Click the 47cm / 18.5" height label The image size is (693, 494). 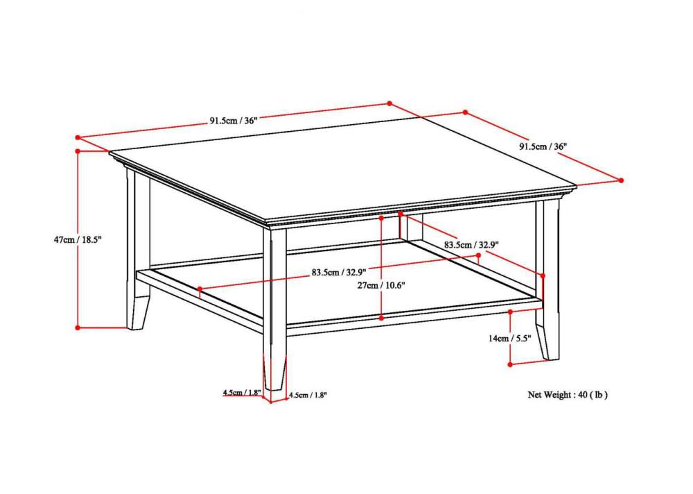(78, 239)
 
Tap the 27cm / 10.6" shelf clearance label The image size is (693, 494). (382, 284)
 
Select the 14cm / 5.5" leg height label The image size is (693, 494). (509, 338)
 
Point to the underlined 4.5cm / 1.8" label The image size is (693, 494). (241, 393)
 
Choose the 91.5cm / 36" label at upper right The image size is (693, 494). (543, 146)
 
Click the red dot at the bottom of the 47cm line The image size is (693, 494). (78, 327)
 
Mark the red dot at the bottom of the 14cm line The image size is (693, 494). (510, 363)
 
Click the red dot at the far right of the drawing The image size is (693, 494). (621, 180)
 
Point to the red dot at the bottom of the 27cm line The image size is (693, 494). (382, 317)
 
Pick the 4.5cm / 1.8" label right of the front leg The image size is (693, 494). (307, 395)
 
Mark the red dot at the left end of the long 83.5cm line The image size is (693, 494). (200, 288)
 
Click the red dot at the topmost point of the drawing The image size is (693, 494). (389, 103)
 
